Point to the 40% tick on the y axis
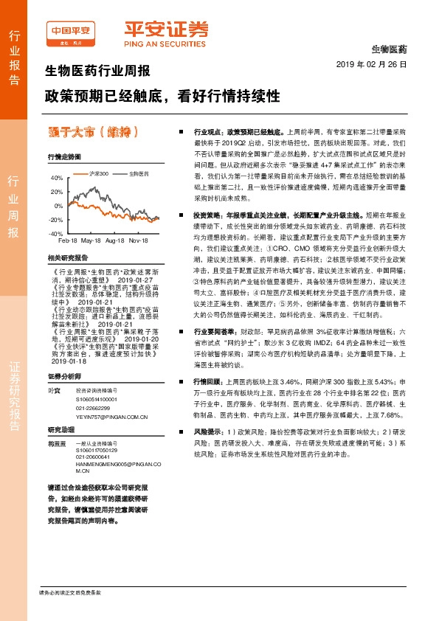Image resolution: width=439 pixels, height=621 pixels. click(x=56, y=178)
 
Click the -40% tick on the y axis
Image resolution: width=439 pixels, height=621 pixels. click(x=55, y=233)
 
